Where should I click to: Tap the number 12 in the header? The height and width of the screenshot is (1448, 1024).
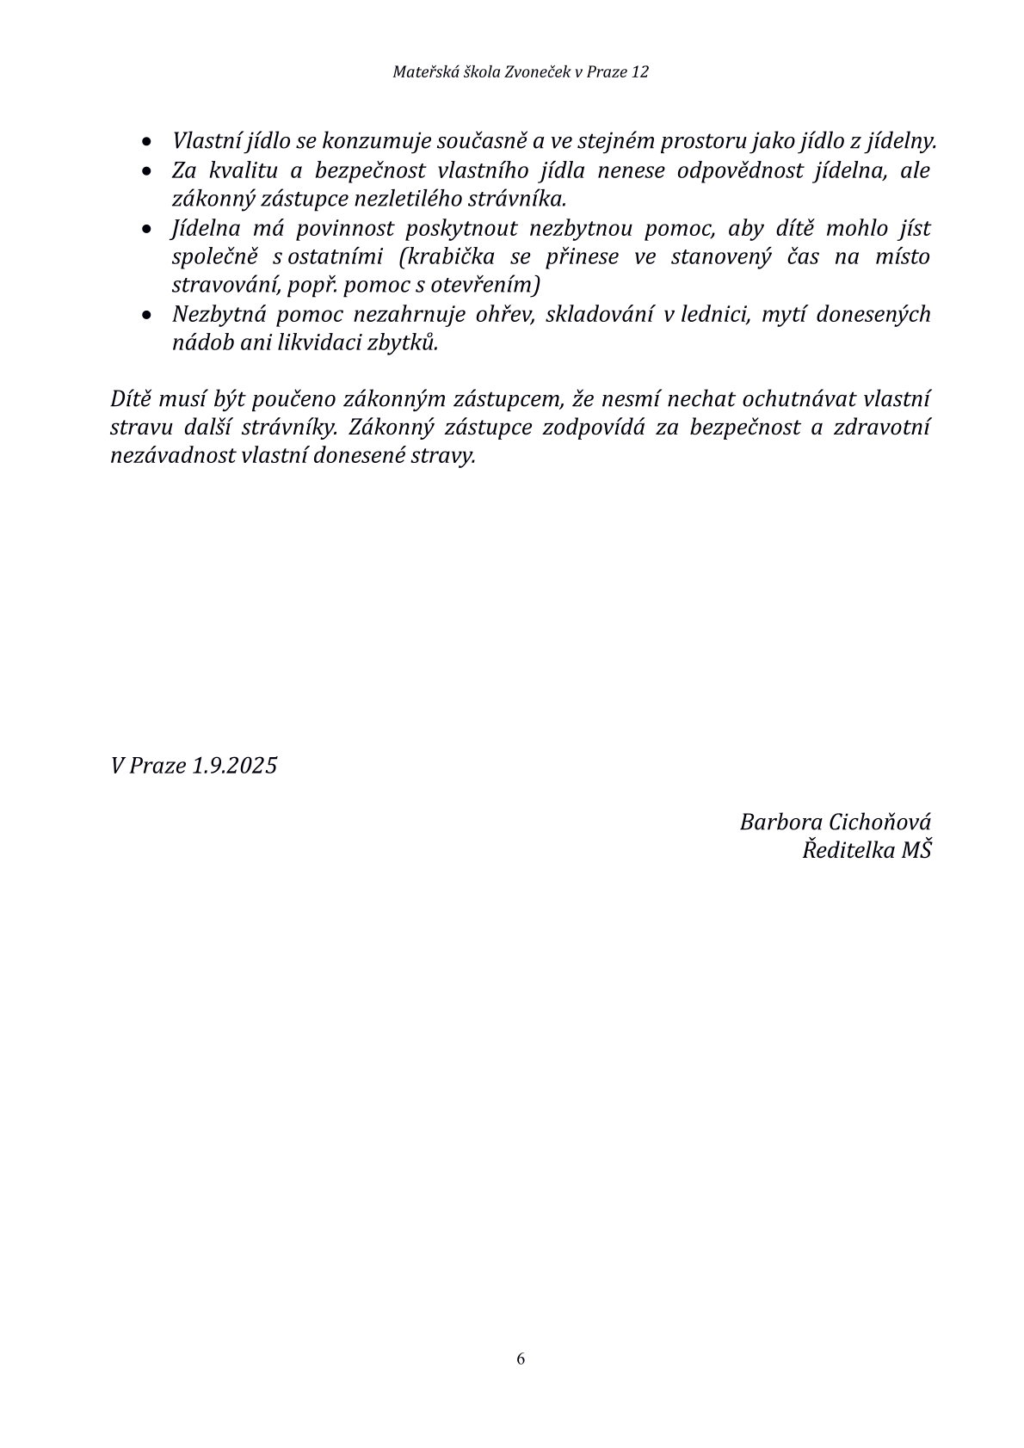pyautogui.click(x=639, y=72)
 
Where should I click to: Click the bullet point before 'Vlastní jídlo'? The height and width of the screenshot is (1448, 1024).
pyautogui.click(x=149, y=141)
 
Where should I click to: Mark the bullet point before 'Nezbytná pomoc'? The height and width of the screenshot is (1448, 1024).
pyautogui.click(x=149, y=315)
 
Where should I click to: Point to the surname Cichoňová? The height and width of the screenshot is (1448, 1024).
pyautogui.click(x=880, y=822)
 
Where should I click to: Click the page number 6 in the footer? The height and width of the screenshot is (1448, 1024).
pyautogui.click(x=521, y=1359)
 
